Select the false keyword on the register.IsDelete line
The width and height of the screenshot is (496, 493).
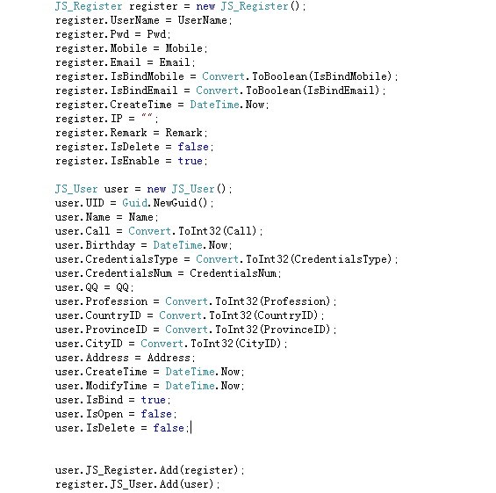click(x=193, y=147)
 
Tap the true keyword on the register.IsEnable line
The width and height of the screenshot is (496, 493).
click(x=190, y=161)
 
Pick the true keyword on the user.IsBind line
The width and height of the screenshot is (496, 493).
click(x=153, y=400)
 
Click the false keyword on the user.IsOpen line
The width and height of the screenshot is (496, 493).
click(x=156, y=414)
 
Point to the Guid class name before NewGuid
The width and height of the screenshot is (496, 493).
click(x=135, y=203)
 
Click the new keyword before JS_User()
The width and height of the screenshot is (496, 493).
click(x=156, y=189)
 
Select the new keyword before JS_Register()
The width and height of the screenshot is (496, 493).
click(x=205, y=6)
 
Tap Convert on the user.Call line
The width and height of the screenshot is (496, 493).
click(x=149, y=231)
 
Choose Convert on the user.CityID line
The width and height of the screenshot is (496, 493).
click(x=162, y=344)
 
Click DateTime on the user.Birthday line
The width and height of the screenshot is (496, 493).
click(x=177, y=245)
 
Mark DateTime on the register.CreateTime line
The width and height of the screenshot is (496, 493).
click(x=214, y=105)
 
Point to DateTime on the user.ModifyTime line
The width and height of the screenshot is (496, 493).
click(x=190, y=386)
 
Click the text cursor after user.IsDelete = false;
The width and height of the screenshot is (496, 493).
click(x=191, y=428)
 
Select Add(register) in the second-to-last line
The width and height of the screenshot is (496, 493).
click(x=198, y=470)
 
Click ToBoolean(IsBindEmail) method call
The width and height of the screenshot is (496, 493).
click(x=313, y=91)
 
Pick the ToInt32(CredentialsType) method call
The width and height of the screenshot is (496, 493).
click(x=319, y=259)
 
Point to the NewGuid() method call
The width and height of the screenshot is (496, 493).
click(x=180, y=203)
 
